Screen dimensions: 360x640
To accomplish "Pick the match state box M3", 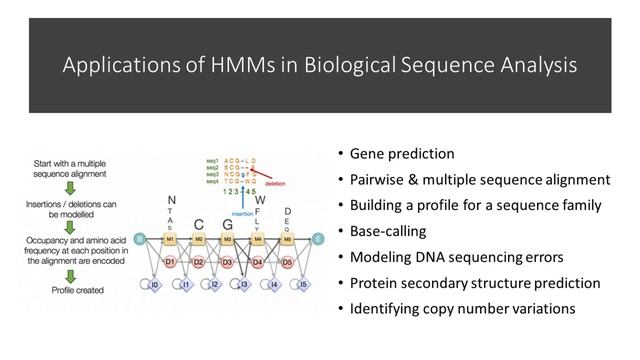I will coord(228,239).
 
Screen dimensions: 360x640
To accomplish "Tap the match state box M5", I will coord(287,239).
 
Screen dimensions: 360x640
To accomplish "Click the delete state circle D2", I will coord(199,263).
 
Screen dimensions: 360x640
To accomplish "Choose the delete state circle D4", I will coord(258,263).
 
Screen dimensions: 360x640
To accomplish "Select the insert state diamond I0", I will coord(154,286).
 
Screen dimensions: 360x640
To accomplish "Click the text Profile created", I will coord(71,290).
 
